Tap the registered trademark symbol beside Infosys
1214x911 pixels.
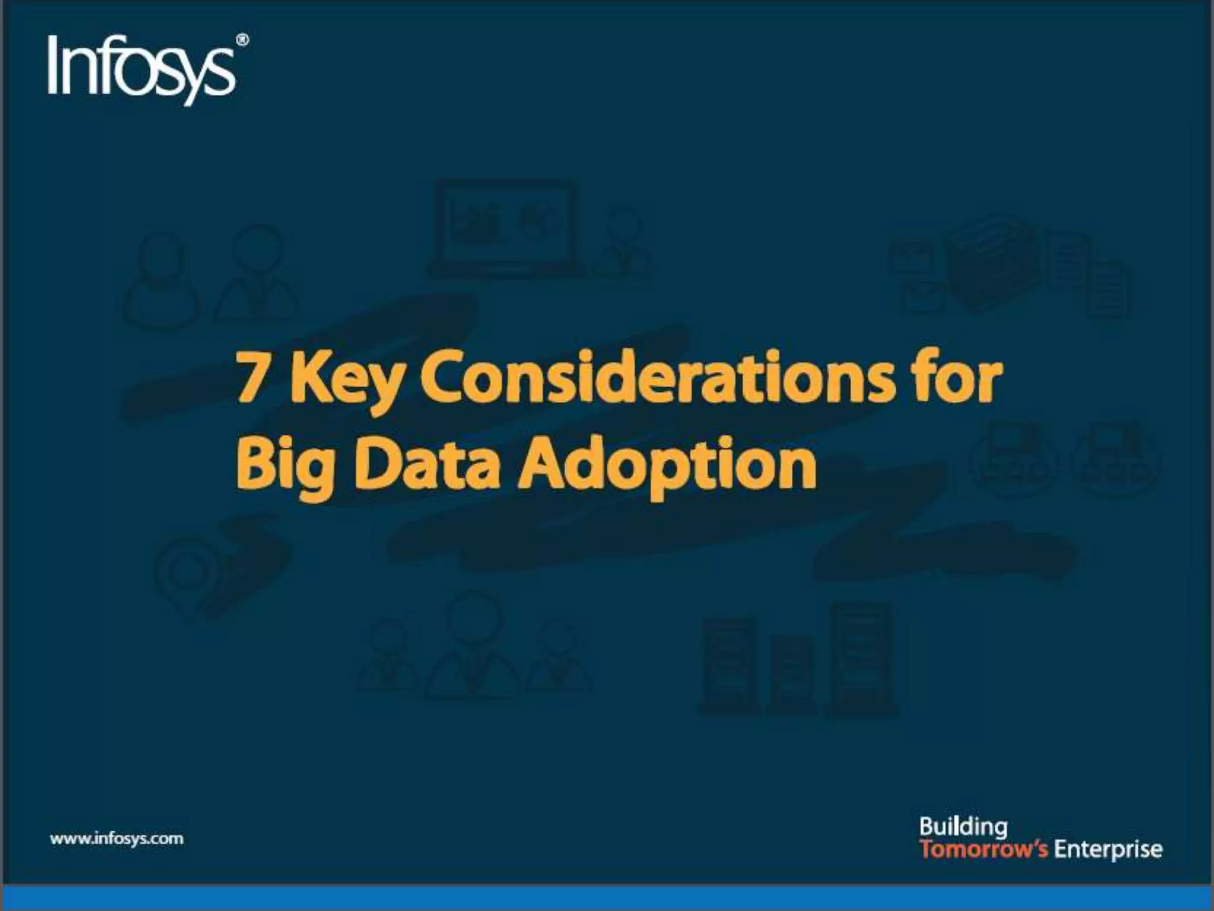coord(242,40)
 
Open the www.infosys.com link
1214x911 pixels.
coord(117,839)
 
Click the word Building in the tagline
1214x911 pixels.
coord(963,827)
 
